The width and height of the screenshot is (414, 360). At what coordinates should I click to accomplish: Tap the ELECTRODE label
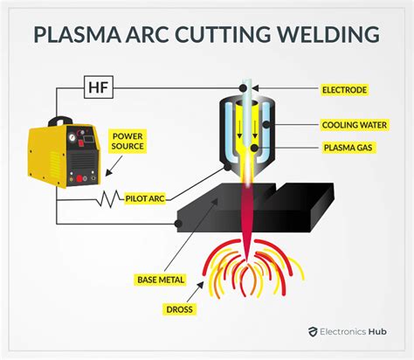pos(345,89)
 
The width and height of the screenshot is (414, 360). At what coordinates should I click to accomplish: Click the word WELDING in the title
pos(329,34)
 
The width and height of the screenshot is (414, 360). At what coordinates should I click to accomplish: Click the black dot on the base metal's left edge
pos(178,224)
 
